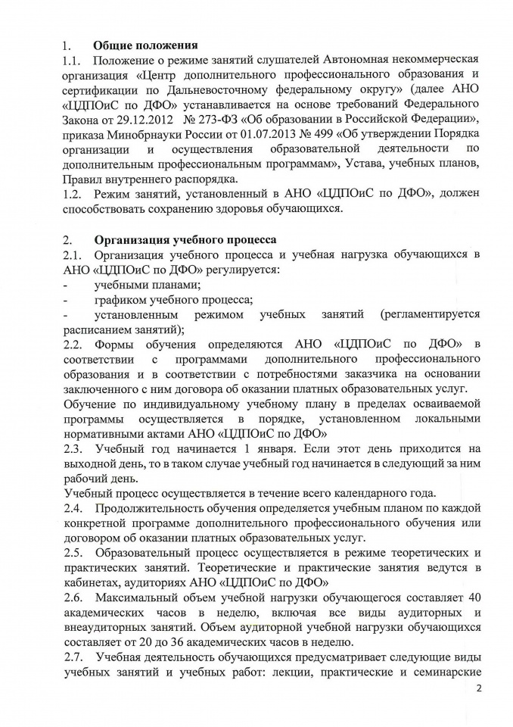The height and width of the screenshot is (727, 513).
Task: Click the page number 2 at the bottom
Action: (x=477, y=689)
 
